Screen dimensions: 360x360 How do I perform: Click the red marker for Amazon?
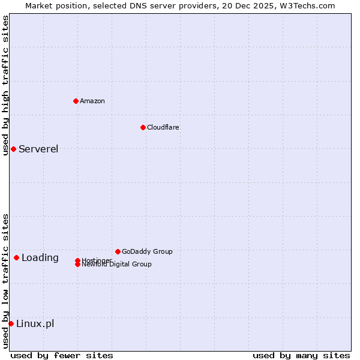[x=76, y=101]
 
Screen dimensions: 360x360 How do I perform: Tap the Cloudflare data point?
[x=143, y=127]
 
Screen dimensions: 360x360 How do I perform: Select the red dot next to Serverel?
[x=13, y=149]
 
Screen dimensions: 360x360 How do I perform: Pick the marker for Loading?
[x=16, y=257]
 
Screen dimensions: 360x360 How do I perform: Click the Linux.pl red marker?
[x=11, y=323]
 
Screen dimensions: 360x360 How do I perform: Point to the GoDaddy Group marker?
[x=118, y=251]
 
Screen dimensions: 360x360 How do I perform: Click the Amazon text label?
[x=92, y=101]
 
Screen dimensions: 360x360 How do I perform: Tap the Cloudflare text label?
[x=163, y=127]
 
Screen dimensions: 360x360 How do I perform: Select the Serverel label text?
[x=38, y=149]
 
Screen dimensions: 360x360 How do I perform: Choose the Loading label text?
[x=40, y=257]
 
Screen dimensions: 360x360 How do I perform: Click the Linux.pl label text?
[x=35, y=323]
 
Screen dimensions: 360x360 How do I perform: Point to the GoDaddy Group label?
[x=147, y=251]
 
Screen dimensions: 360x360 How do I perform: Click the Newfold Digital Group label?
[x=116, y=264]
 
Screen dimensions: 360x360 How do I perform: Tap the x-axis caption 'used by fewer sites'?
[x=62, y=355]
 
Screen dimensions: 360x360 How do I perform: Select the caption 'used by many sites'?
[x=301, y=355]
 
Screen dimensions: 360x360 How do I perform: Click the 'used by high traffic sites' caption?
[x=5, y=85]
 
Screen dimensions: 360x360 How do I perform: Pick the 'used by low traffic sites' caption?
[x=5, y=281]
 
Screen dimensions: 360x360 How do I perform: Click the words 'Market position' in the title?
[x=54, y=5]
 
